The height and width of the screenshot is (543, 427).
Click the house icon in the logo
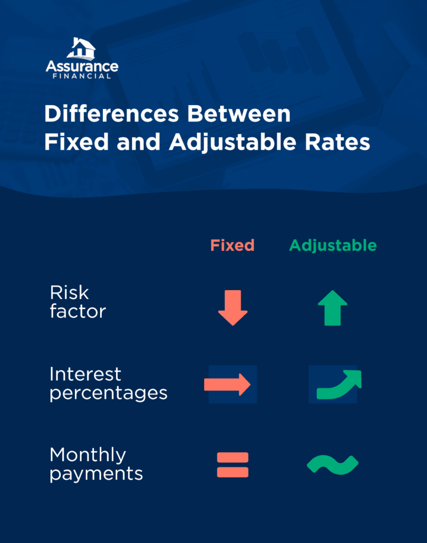coord(81,48)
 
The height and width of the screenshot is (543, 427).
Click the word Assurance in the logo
coord(82,66)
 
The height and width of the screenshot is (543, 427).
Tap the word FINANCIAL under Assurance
coord(82,76)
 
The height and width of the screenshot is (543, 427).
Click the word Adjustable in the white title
coord(236,143)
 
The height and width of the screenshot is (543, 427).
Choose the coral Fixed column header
coord(232,245)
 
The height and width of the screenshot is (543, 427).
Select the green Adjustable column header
coord(333,246)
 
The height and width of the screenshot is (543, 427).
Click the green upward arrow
coord(333,308)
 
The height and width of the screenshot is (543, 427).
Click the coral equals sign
coord(232,465)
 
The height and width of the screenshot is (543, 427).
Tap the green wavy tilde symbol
coord(333,465)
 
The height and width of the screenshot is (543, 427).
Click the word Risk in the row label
coord(69,293)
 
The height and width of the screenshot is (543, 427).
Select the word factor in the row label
coord(78,311)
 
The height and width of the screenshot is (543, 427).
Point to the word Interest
coord(85,374)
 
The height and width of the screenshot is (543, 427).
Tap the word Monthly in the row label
coord(88,455)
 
